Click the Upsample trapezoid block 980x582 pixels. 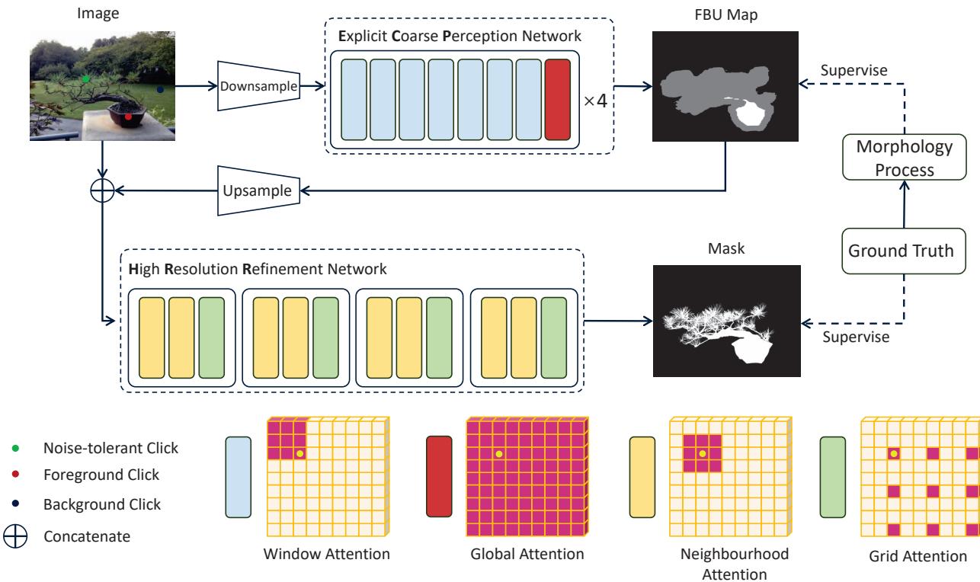260,190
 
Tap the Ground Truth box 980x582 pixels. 903,250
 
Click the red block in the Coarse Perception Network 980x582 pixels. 557,99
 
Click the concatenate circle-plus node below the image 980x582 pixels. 101,190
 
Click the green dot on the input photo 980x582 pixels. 86,78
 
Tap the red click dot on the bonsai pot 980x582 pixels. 128,117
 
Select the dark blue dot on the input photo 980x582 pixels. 160,89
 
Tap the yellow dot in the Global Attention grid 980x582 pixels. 499,454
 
